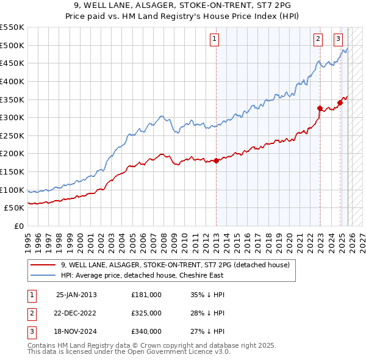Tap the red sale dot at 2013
click(x=216, y=160)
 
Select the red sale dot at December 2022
click(x=320, y=108)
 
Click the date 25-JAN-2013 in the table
click(x=76, y=294)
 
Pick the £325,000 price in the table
click(x=146, y=313)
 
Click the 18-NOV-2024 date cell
click(x=76, y=332)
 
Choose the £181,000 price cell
click(x=146, y=294)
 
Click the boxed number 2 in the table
click(x=32, y=313)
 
